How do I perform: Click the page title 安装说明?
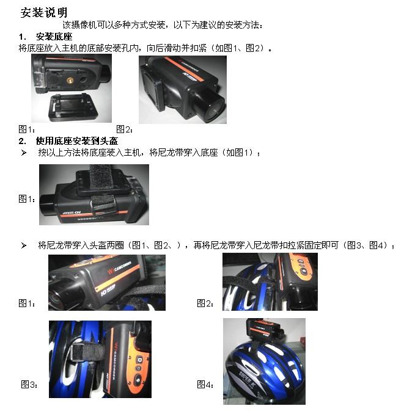(x=44, y=12)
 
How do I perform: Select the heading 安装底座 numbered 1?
(x=54, y=37)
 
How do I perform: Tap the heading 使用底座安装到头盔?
(x=76, y=140)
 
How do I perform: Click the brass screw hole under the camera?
(x=70, y=79)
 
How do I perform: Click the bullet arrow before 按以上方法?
(x=24, y=153)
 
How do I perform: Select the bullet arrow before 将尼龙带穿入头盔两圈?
(x=24, y=245)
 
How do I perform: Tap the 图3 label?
(x=29, y=384)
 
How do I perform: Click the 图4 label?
(x=205, y=384)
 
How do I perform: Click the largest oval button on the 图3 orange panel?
(x=139, y=380)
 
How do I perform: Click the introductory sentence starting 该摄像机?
(x=163, y=25)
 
